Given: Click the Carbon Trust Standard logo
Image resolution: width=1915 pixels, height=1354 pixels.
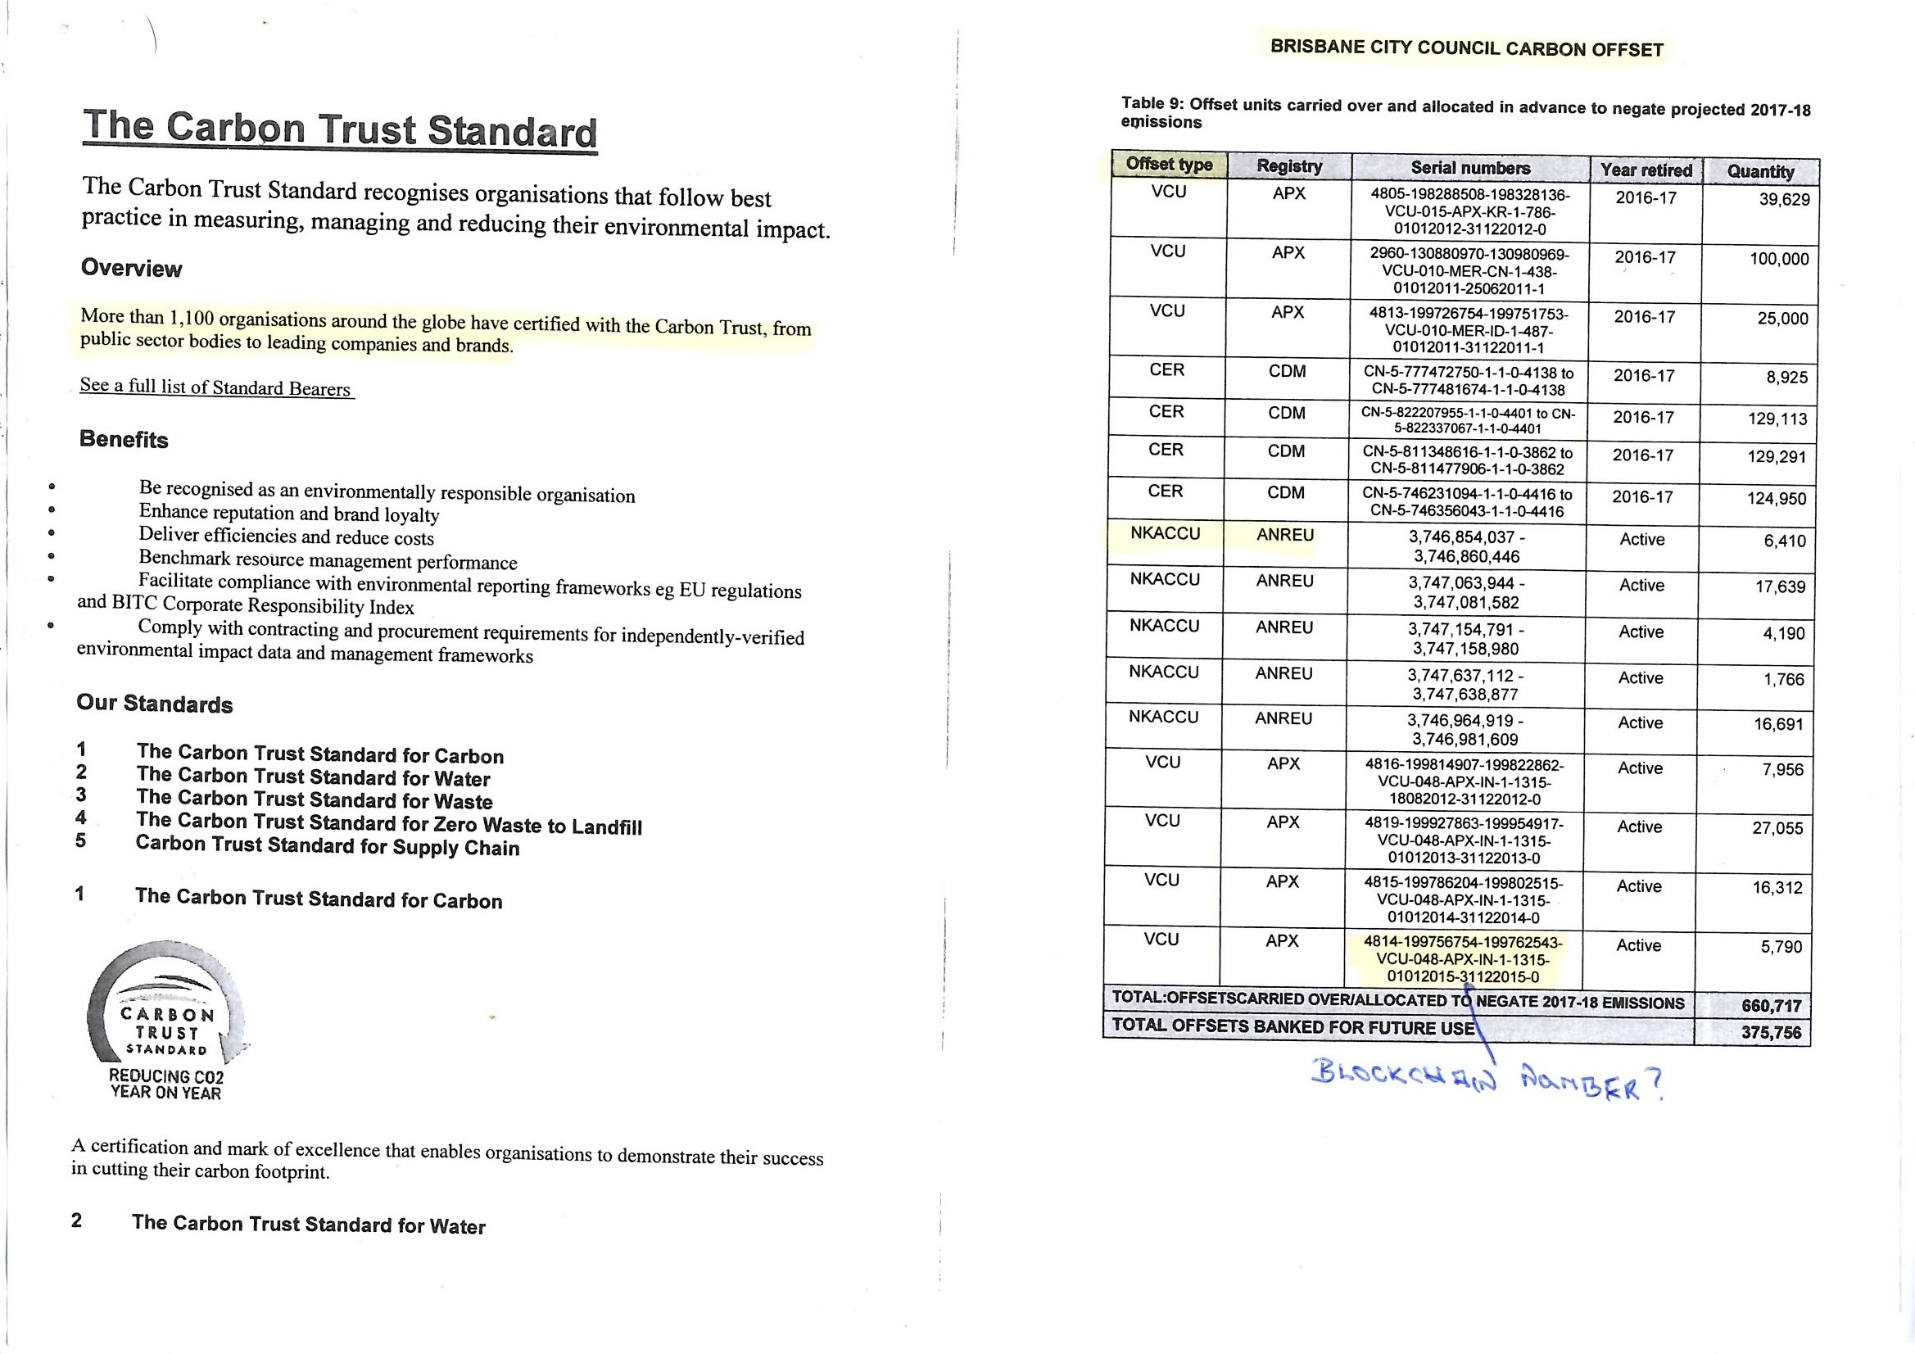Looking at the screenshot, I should coord(166,1022).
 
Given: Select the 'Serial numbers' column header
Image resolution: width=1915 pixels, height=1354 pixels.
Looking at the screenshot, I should coord(1469,168).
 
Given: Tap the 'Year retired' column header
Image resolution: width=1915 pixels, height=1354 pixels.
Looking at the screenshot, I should coord(1646,170).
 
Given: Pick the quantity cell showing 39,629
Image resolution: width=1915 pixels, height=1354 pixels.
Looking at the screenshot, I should coord(1784,200).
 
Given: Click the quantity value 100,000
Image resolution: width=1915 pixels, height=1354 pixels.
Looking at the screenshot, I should coord(1779,260).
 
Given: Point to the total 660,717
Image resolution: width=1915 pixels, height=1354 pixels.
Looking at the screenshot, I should coord(1772,1005).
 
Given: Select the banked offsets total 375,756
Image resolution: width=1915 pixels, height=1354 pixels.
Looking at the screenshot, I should coord(1771,1033).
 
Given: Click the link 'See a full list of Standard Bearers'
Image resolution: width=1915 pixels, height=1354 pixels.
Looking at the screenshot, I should coord(215,387).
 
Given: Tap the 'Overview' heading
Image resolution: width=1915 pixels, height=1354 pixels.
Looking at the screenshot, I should coord(131,269).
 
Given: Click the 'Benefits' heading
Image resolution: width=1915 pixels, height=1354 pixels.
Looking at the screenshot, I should coord(124,440).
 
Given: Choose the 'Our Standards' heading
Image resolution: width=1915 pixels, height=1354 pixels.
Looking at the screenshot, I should coord(154,704).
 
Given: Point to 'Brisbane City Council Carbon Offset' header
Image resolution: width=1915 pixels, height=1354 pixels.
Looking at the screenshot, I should coord(1466,48).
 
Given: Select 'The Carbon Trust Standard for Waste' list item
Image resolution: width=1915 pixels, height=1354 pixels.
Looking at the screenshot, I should coord(315,800).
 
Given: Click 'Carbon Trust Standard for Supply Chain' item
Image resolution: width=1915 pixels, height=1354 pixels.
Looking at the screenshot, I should coord(327,846).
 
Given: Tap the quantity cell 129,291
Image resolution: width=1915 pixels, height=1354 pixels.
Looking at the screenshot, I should coord(1777,457).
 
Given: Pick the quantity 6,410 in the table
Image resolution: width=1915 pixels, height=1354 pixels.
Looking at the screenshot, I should coord(1784,541).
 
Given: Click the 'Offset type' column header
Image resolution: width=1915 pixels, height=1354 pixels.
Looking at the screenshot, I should coord(1169,165).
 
